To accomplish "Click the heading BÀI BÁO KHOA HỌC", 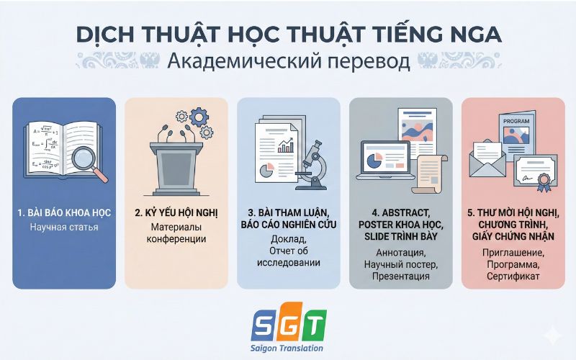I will (64, 213).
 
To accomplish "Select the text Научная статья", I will (64, 228).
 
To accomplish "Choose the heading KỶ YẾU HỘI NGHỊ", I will (176, 213).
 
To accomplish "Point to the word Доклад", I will (288, 238).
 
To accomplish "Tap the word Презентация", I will (401, 276).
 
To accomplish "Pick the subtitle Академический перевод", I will (288, 61).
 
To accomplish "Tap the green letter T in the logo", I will (314, 325).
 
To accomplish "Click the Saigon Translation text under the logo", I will (288, 348).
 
